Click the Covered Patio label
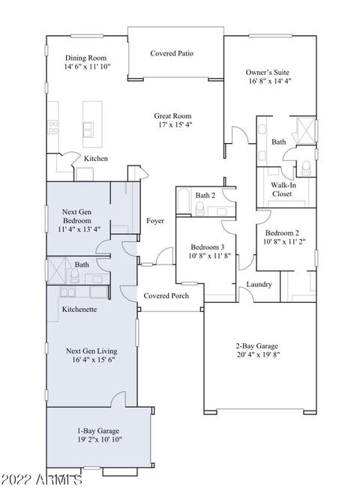coord(172,53)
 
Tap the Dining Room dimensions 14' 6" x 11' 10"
coord(87,67)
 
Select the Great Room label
coord(172,116)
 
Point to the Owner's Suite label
coord(267,73)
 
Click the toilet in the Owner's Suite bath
coord(306,168)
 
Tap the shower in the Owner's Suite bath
coord(306,130)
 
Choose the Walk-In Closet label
coord(283,190)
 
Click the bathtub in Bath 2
coord(184,201)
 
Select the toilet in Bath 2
coord(199,208)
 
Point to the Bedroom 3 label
coord(208,247)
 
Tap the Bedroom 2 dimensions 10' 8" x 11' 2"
coord(284,242)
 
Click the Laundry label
coord(259,284)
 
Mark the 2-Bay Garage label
coord(257,346)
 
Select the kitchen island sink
coord(88,130)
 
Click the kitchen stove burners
coord(53,127)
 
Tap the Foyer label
coord(155,221)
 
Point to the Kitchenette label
coord(79,309)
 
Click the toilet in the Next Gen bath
coord(75,276)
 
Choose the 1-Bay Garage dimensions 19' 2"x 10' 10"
coord(100,440)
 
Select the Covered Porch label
coord(166,296)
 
